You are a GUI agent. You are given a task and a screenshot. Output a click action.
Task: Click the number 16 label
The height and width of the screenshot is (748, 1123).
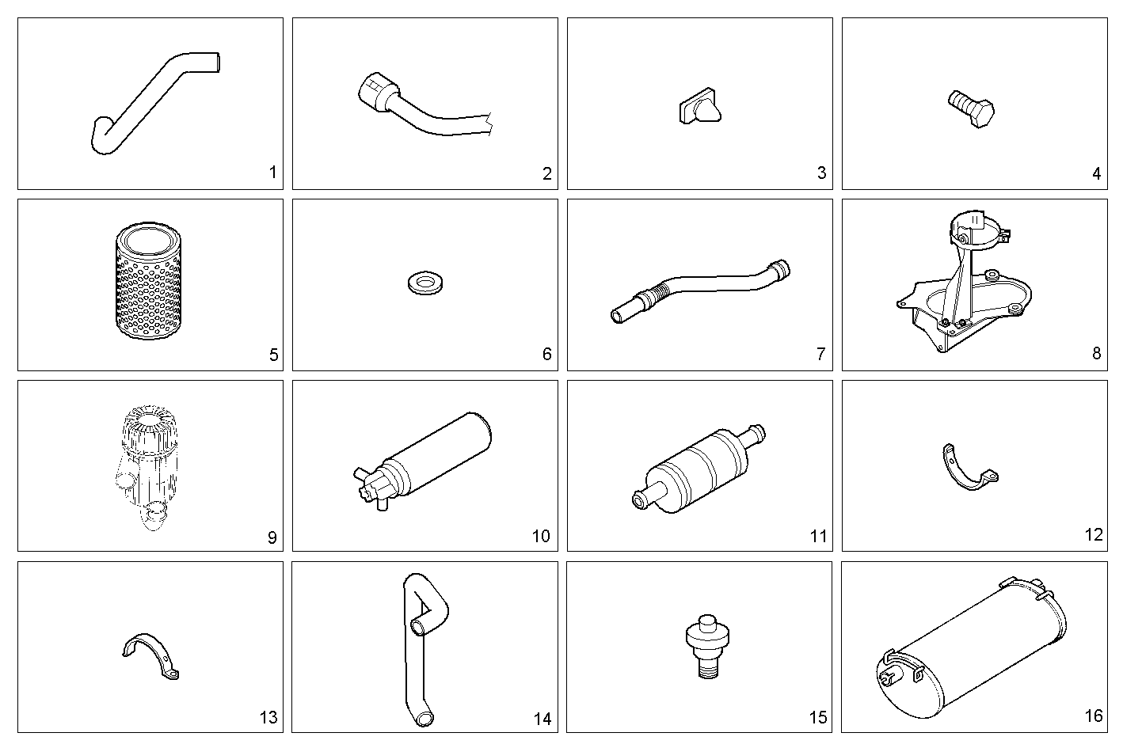1094,716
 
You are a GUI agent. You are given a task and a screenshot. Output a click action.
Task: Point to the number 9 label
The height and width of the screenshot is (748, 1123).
272,538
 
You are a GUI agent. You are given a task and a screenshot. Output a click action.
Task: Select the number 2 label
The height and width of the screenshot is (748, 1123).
547,174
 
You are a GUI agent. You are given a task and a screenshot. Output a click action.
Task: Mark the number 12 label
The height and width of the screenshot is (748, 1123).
1094,535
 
